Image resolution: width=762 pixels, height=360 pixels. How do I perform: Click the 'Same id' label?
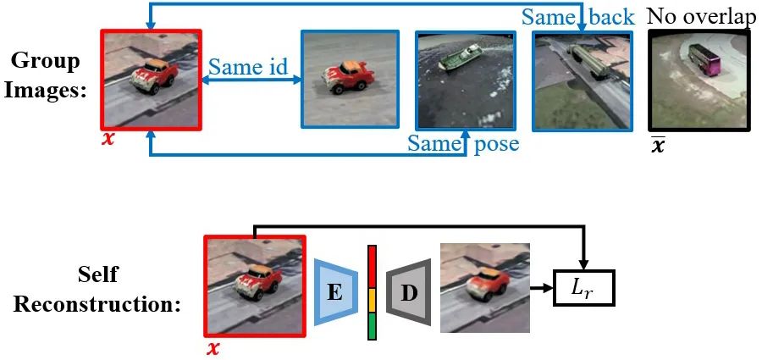pyautogui.click(x=248, y=67)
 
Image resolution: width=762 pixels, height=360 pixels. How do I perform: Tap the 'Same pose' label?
pyautogui.click(x=462, y=143)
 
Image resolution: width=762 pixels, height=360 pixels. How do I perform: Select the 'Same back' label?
pyautogui.click(x=578, y=16)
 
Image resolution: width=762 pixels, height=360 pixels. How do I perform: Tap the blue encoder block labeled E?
pyautogui.click(x=334, y=292)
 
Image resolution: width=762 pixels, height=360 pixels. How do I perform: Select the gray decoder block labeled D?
pyautogui.click(x=410, y=292)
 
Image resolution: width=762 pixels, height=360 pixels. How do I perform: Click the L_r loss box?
pyautogui.click(x=583, y=288)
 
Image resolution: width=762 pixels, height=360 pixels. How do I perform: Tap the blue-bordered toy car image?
pyautogui.click(x=350, y=79)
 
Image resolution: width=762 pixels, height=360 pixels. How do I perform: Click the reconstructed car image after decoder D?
pyautogui.click(x=484, y=287)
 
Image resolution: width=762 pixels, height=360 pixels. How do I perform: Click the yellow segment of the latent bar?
pyautogui.click(x=372, y=298)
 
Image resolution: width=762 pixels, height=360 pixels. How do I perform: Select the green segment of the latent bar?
pyautogui.click(x=372, y=326)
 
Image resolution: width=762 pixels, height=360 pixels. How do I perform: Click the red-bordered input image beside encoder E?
pyautogui.click(x=254, y=286)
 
